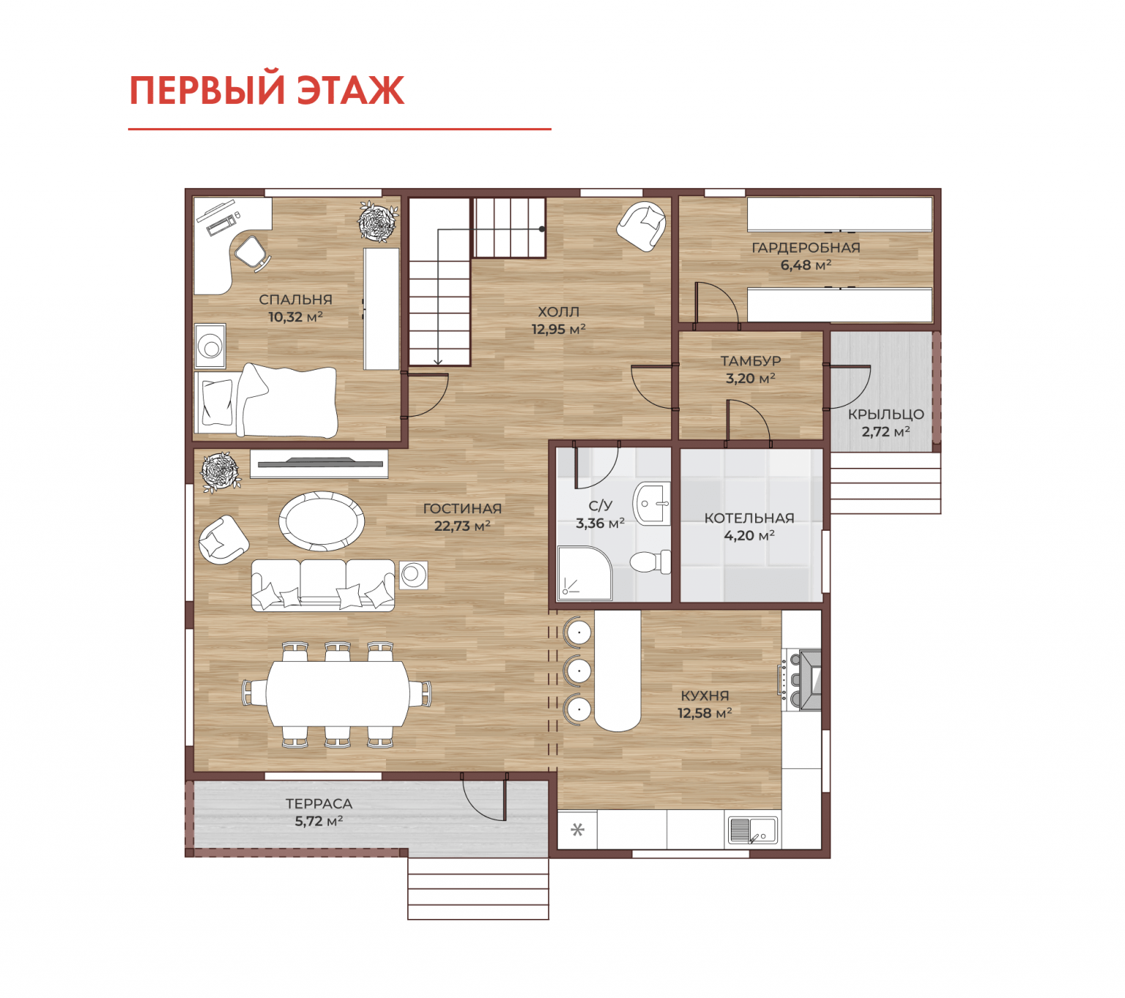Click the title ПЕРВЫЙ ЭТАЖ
[x=267, y=90]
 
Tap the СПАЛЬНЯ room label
[x=295, y=299]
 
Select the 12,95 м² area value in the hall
[x=558, y=329]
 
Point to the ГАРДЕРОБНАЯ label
[x=806, y=247]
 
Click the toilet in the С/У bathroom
[x=650, y=561]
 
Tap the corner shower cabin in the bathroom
[x=584, y=574]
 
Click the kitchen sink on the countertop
[x=752, y=830]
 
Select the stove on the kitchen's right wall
[x=799, y=680]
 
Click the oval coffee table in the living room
[x=322, y=521]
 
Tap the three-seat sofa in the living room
[x=323, y=585]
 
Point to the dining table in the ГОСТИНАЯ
[x=337, y=694]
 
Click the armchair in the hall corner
[x=642, y=226]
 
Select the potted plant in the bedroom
[x=378, y=221]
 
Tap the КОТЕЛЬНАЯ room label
[x=749, y=518]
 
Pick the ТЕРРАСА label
[x=319, y=804]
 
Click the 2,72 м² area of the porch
[x=885, y=431]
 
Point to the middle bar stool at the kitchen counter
[x=577, y=671]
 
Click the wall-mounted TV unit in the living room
[x=319, y=463]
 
